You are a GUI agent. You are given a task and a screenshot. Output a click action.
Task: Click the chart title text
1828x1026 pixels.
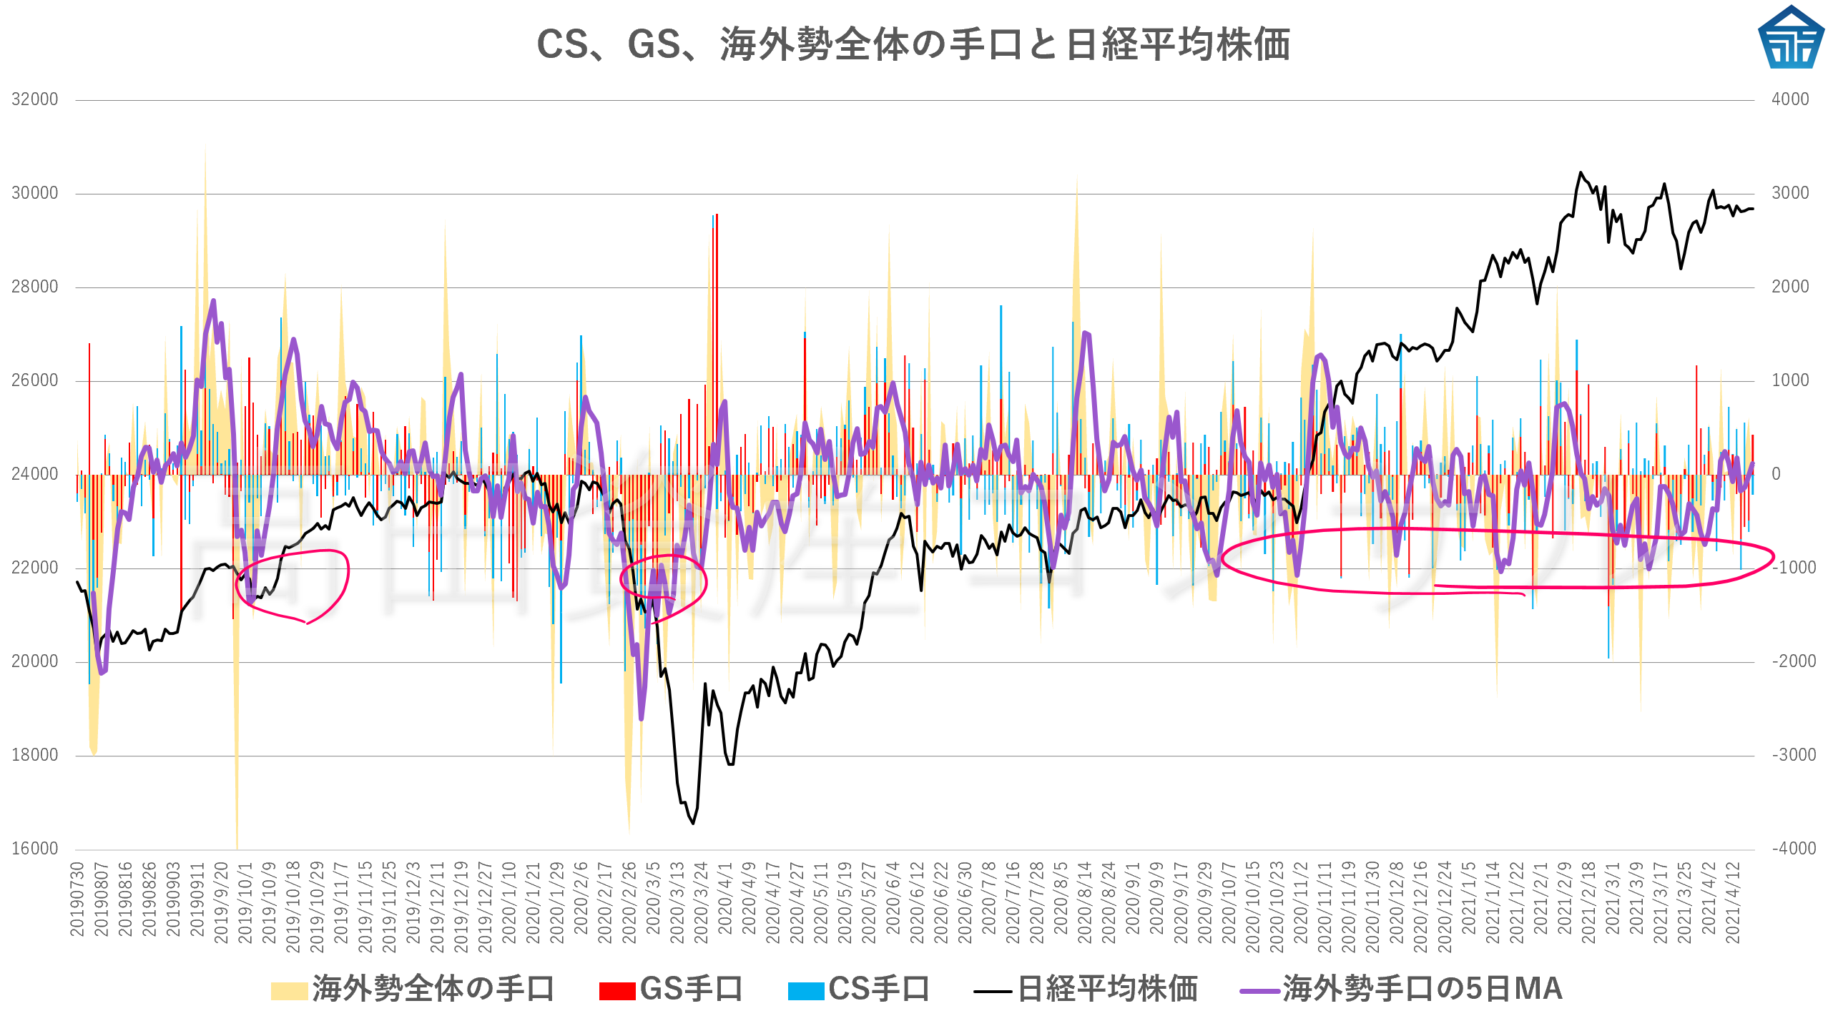[x=913, y=44]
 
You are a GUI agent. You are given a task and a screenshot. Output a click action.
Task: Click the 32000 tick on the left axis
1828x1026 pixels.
[x=35, y=99]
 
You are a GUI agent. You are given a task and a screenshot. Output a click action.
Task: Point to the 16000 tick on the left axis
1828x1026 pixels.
[x=35, y=849]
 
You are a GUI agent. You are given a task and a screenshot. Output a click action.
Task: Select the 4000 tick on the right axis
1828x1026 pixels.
[x=1790, y=99]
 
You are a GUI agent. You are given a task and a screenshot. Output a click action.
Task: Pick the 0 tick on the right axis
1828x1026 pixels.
[x=1776, y=474]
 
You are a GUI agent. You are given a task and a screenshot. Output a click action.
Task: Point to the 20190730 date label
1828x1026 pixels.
[x=77, y=899]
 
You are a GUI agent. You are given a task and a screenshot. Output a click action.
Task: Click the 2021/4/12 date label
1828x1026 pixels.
[x=1732, y=902]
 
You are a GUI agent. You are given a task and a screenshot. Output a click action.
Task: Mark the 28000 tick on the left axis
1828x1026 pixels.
[x=35, y=287]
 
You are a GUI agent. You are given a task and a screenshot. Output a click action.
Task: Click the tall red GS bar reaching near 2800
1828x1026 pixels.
[x=717, y=322]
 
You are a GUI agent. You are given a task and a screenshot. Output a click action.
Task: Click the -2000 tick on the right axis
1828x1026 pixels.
[x=1794, y=661]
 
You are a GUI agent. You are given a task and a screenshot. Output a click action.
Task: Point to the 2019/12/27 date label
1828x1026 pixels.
[x=485, y=907]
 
